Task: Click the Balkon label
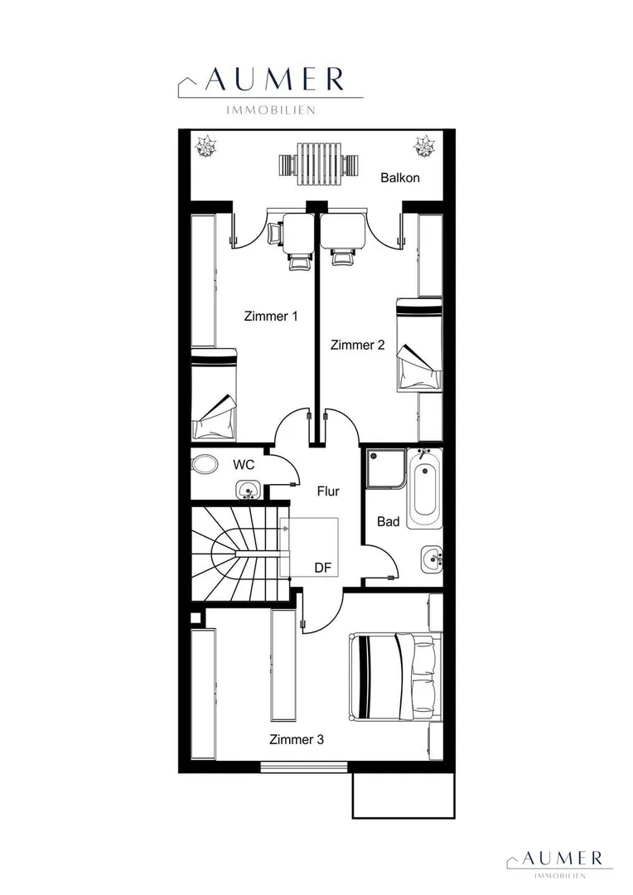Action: (x=399, y=177)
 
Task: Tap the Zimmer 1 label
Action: (x=271, y=316)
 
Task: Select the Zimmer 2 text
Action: (x=357, y=345)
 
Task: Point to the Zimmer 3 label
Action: (x=297, y=740)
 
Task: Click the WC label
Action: (x=243, y=465)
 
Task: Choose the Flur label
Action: (x=328, y=491)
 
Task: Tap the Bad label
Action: (x=388, y=522)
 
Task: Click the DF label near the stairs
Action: (x=323, y=568)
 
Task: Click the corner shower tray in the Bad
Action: (x=386, y=468)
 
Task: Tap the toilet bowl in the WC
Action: (x=204, y=463)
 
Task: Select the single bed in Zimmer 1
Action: (x=214, y=394)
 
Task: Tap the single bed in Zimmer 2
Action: (x=419, y=345)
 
